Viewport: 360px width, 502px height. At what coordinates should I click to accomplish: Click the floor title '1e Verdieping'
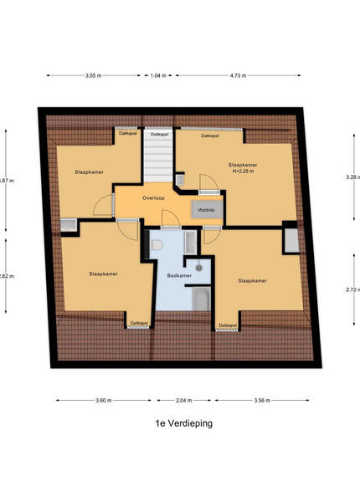(184, 423)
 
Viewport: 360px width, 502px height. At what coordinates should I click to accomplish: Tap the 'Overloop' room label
(153, 197)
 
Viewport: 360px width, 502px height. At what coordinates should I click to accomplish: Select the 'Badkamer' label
(179, 275)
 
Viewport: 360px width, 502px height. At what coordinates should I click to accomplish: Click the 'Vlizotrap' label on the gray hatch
(206, 210)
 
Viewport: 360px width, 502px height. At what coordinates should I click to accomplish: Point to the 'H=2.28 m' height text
(243, 171)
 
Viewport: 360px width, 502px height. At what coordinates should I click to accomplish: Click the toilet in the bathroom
(156, 245)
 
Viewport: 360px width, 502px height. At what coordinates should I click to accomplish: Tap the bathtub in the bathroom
(202, 299)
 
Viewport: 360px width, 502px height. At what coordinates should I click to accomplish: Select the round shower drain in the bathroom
(199, 268)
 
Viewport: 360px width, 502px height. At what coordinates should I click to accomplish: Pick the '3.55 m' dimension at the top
(93, 75)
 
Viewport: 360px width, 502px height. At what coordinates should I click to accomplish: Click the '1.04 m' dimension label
(158, 75)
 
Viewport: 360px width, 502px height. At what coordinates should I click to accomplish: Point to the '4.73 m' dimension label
(238, 75)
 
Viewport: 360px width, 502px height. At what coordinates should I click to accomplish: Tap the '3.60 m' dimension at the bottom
(104, 400)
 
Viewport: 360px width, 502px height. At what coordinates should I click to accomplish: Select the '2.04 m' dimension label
(184, 400)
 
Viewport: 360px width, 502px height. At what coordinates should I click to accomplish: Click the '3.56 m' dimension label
(262, 400)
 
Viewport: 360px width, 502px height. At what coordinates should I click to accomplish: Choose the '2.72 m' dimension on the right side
(352, 289)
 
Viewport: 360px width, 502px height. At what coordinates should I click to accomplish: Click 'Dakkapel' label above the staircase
(160, 135)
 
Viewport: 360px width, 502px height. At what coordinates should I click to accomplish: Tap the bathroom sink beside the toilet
(190, 243)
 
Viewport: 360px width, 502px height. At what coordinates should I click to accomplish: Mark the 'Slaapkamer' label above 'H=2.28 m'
(243, 165)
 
